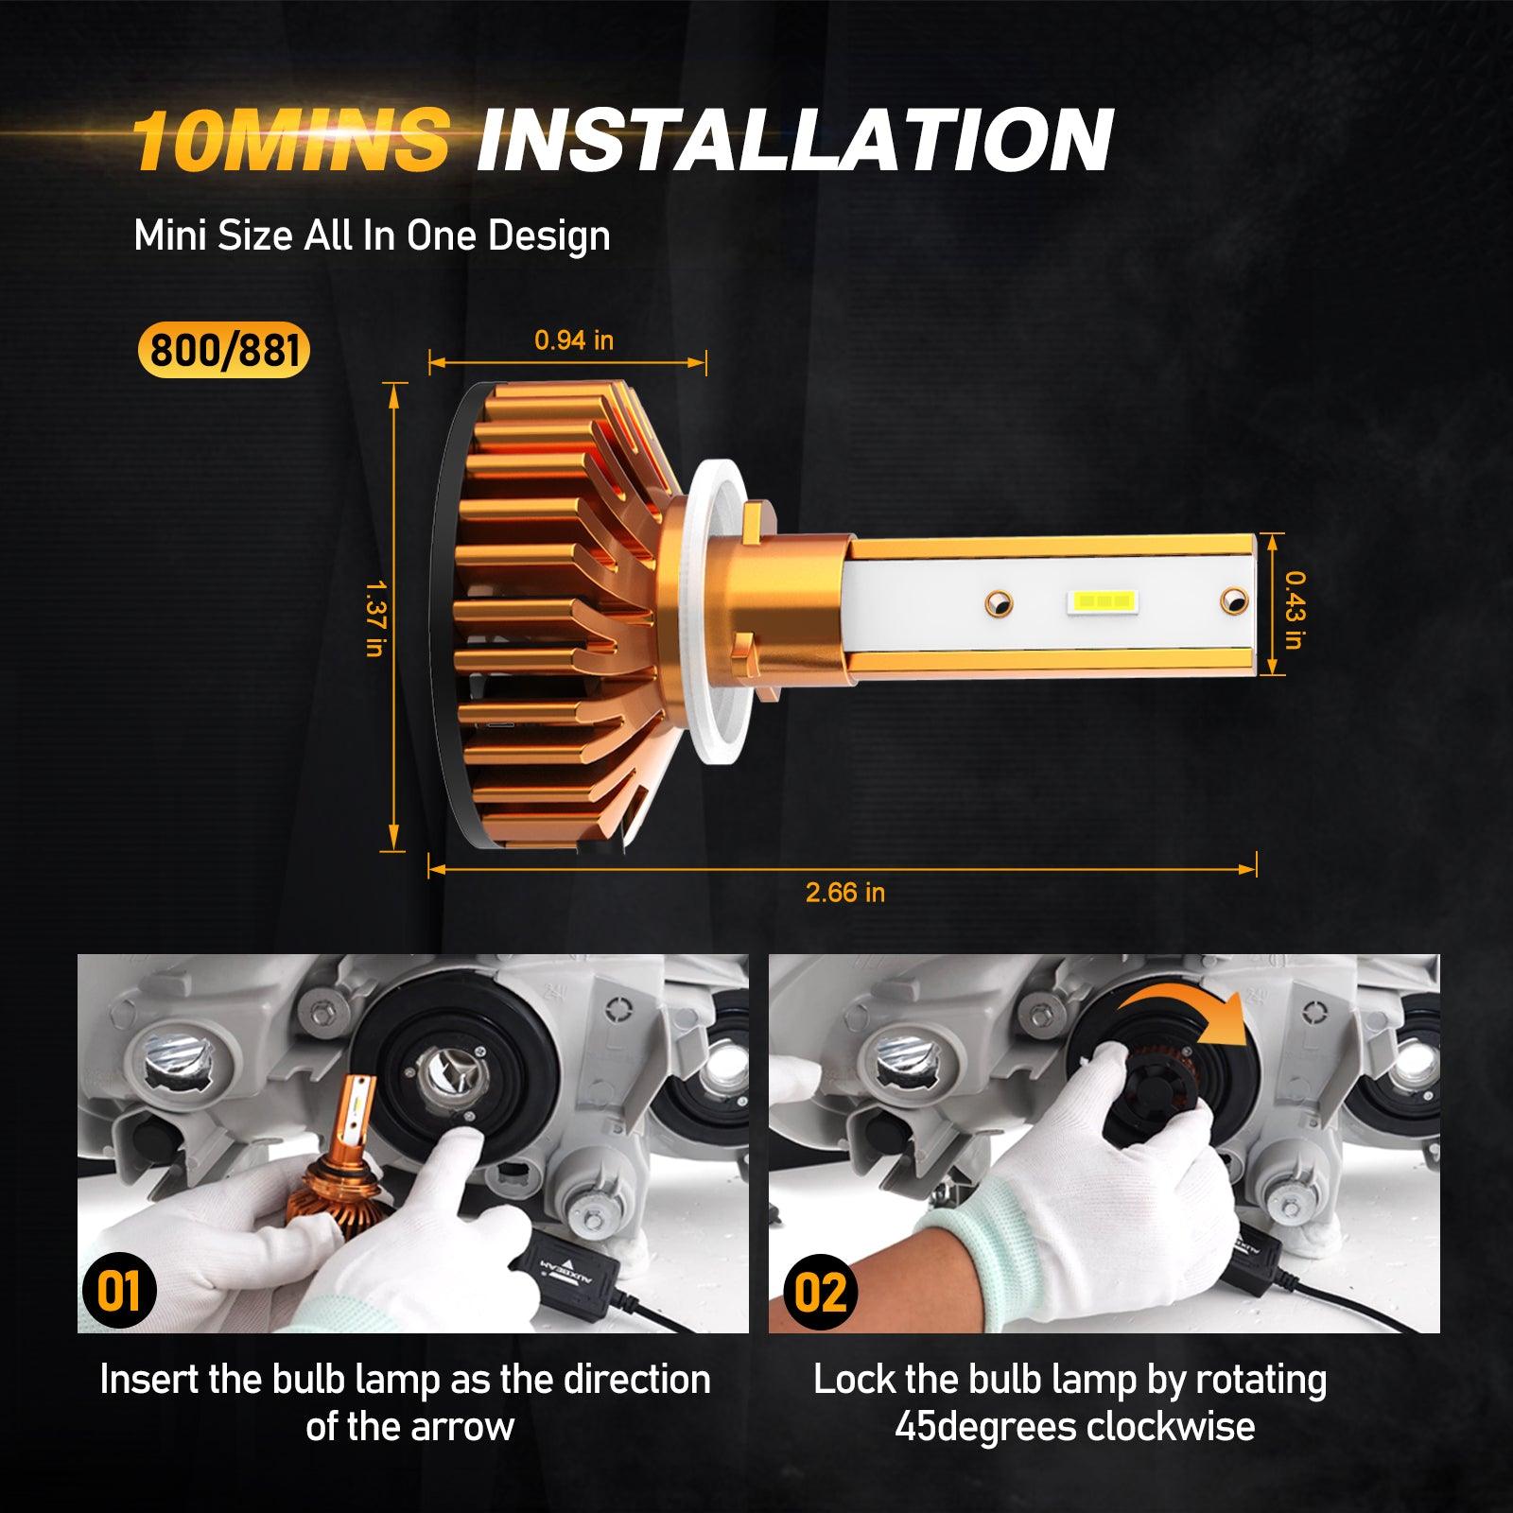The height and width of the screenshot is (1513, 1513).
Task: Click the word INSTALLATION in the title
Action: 795,140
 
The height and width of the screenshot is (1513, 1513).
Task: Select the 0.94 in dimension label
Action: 574,339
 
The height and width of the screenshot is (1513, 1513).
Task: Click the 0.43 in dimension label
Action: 1295,609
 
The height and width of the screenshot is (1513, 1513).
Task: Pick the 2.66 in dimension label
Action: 845,892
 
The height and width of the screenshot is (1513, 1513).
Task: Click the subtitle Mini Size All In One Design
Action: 372,235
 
